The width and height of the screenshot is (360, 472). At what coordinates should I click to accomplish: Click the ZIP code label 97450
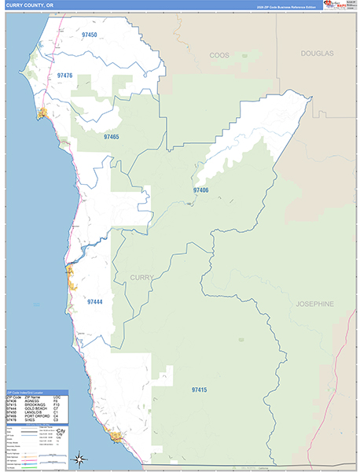tap(89, 35)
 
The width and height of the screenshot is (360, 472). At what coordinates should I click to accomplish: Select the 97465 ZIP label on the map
tap(111, 137)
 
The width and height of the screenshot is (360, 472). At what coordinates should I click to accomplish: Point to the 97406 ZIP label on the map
tap(201, 190)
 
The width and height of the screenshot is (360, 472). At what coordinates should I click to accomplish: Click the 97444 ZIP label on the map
tap(95, 301)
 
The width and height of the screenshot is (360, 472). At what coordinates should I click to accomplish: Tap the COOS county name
tap(219, 55)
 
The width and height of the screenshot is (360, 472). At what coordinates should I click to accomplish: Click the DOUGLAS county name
tap(316, 53)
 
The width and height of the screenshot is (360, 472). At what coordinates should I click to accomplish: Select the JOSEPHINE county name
tap(315, 303)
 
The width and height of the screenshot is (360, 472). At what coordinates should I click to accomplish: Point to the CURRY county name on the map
tap(141, 277)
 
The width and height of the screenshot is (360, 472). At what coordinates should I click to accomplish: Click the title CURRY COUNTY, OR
tap(29, 6)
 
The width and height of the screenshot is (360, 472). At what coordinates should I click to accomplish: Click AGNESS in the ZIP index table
tap(33, 400)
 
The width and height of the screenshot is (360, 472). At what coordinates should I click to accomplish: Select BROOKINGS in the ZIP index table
tap(35, 404)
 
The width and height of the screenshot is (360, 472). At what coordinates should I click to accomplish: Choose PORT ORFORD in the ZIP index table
tap(37, 416)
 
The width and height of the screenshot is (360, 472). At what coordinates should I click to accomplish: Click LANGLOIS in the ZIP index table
tap(34, 412)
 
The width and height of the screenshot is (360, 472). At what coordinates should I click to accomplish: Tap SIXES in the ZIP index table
tap(31, 420)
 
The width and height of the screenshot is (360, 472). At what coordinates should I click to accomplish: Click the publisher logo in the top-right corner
tap(332, 6)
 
